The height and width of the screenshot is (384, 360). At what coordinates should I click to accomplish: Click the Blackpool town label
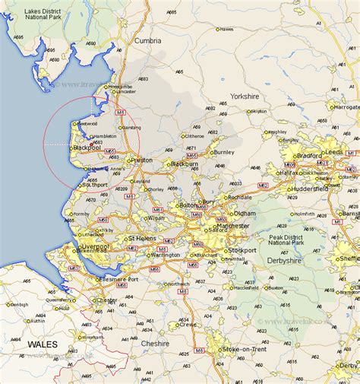coord(87,147)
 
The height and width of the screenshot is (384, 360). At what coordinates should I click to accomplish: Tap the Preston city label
coord(142,160)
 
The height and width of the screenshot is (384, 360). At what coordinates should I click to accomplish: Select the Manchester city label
coord(232,226)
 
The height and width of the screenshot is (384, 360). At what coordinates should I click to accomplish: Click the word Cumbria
coord(148,40)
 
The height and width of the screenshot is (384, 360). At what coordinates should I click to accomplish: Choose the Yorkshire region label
coord(245,97)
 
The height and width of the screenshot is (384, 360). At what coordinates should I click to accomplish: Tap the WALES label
coord(42,344)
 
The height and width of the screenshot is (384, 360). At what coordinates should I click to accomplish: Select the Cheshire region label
coord(155,343)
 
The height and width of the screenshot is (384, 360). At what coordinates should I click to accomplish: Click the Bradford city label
coord(310,156)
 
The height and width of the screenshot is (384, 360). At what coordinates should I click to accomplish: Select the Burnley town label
coord(224,152)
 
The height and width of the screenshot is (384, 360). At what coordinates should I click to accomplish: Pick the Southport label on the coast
coord(96,185)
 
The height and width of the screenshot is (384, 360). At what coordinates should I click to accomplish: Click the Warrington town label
coord(166,254)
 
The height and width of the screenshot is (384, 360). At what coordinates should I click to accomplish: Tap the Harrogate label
coord(346,106)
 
